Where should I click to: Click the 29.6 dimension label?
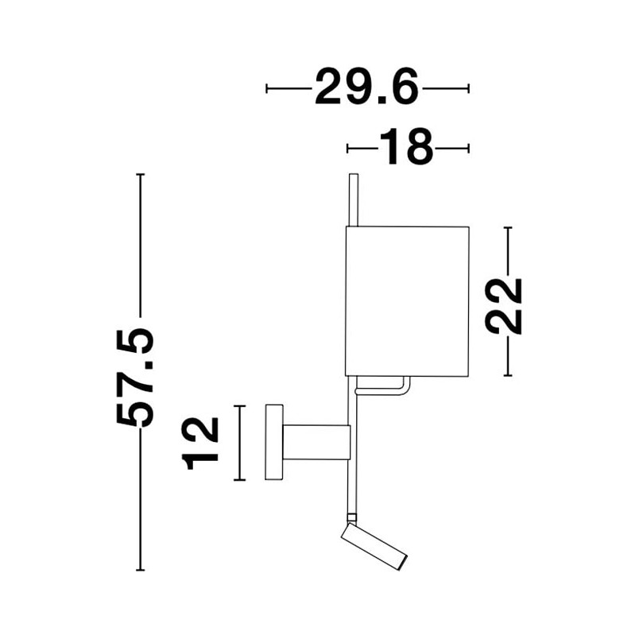(x=366, y=87)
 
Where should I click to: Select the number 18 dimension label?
(x=406, y=148)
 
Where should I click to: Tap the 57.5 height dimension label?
(x=135, y=377)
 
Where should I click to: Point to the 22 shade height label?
(x=503, y=306)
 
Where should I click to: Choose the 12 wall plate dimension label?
(x=200, y=443)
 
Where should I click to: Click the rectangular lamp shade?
(x=407, y=300)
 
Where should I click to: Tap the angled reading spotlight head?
(x=374, y=546)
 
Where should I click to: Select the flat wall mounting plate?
(x=274, y=442)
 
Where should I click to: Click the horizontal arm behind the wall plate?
(x=316, y=442)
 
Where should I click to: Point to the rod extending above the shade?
(x=354, y=199)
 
